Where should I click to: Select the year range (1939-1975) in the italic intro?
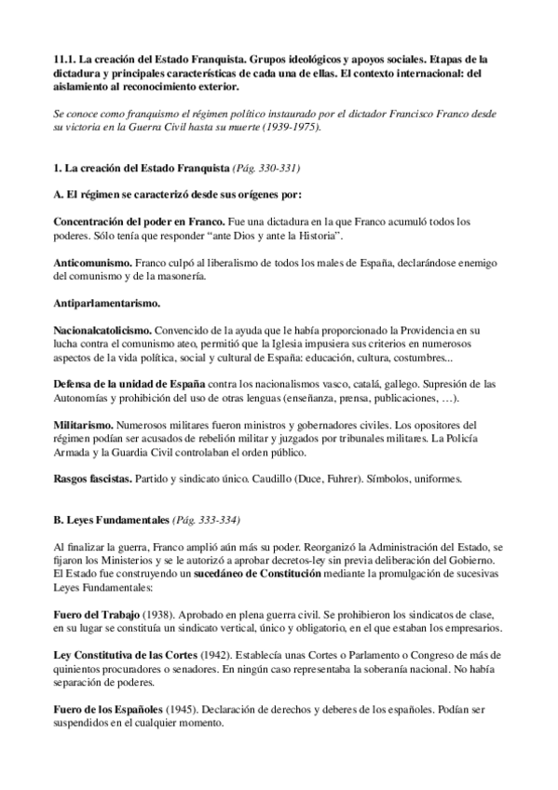click(x=289, y=128)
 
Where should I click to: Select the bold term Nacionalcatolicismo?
click(x=102, y=331)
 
